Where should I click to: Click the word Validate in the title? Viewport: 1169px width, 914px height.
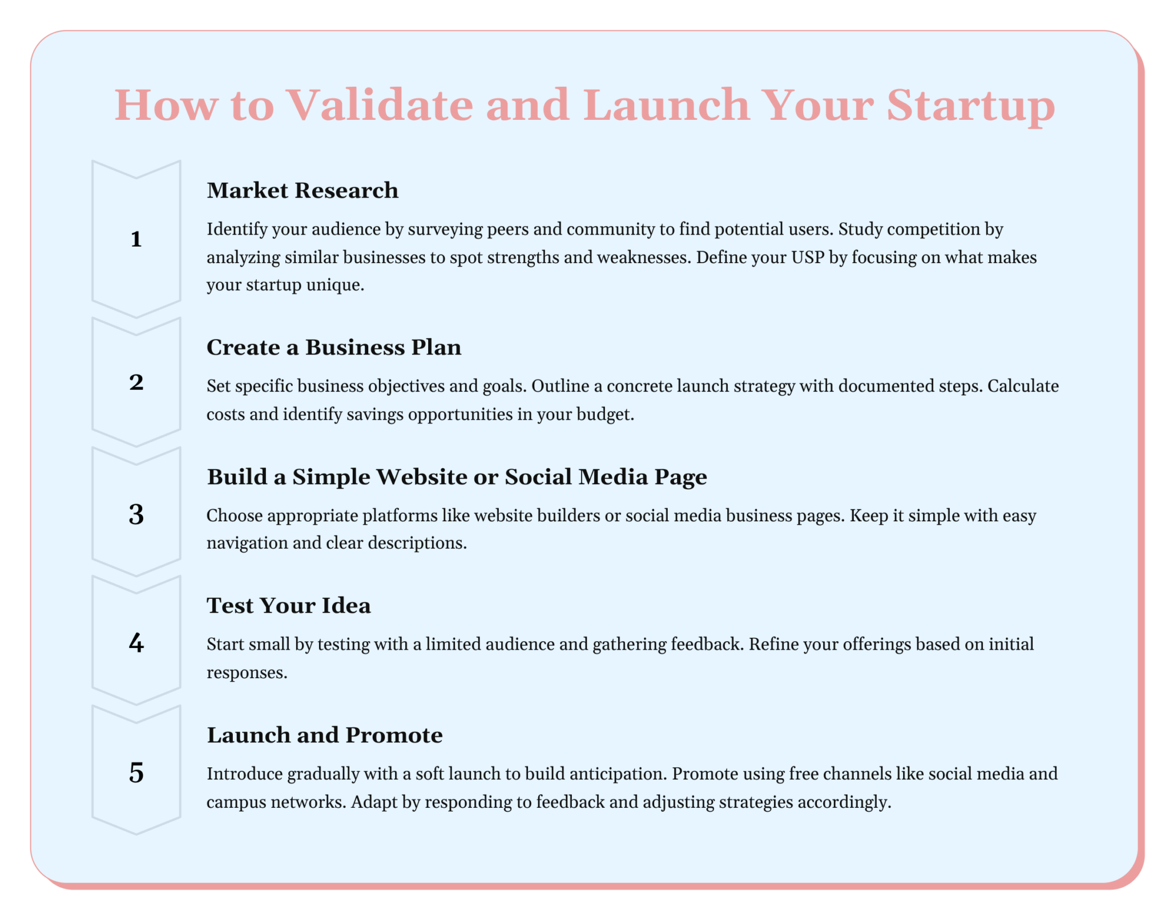pyautogui.click(x=379, y=106)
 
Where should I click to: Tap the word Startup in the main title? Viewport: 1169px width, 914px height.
pyautogui.click(x=970, y=106)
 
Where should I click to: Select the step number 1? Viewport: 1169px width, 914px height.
pyautogui.click(x=136, y=239)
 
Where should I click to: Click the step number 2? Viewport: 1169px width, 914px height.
pyautogui.click(x=136, y=382)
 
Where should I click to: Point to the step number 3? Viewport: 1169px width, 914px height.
pyautogui.click(x=136, y=514)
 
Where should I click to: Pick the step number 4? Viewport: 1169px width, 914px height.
pyautogui.click(x=136, y=643)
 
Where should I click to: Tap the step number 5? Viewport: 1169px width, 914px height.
pyautogui.click(x=136, y=773)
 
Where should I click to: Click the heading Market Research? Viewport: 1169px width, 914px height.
pyautogui.click(x=302, y=191)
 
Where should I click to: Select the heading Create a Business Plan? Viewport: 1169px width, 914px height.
pyautogui.click(x=333, y=348)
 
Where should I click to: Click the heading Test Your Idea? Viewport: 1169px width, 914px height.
pyautogui.click(x=288, y=606)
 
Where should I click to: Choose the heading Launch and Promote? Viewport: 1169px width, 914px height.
pyautogui.click(x=324, y=735)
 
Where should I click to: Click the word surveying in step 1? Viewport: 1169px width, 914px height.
pyautogui.click(x=445, y=229)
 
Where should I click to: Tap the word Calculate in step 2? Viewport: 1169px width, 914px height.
pyautogui.click(x=1023, y=386)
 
